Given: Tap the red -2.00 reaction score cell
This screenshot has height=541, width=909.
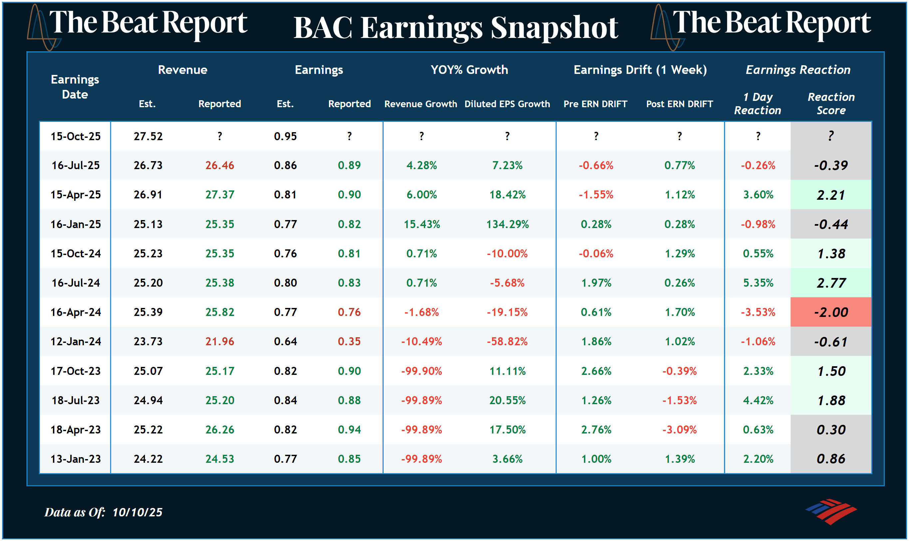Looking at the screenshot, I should click(x=831, y=312).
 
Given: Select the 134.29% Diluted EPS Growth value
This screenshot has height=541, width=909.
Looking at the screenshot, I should click(x=507, y=224).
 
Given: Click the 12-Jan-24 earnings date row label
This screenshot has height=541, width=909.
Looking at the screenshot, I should click(x=76, y=342).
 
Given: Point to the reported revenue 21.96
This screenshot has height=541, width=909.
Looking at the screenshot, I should click(x=219, y=342).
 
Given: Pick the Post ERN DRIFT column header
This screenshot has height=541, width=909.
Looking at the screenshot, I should click(x=679, y=104).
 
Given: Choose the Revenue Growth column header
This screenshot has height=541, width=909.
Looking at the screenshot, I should click(x=421, y=104).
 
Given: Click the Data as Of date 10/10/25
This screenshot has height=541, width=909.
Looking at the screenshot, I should click(x=137, y=512).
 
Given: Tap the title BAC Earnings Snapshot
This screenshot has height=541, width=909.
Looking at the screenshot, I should click(x=455, y=28).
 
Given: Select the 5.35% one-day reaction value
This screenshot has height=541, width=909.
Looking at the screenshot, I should click(x=758, y=283).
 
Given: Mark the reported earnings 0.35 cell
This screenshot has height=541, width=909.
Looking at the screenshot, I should click(x=349, y=342).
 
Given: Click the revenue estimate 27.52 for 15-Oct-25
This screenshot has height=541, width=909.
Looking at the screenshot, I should click(x=148, y=136).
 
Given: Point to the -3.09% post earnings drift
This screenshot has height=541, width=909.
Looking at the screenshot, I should click(x=679, y=429).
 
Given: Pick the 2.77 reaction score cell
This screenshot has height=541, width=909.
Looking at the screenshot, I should click(x=831, y=283).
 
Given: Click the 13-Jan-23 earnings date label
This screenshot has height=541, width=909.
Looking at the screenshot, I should click(x=76, y=459).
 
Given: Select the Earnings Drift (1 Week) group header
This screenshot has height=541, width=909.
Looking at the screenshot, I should click(x=640, y=70).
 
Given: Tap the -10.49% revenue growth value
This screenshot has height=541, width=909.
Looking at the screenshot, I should click(x=422, y=342).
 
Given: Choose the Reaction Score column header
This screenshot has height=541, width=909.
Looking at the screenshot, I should click(x=831, y=104).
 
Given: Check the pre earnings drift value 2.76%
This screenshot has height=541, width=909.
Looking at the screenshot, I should click(x=596, y=429).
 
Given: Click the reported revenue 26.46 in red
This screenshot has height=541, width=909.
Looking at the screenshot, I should click(x=219, y=165).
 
